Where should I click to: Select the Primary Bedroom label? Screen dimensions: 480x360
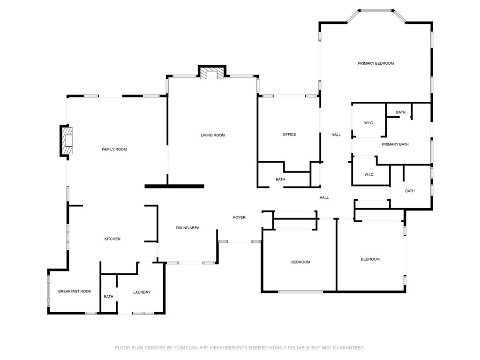375,63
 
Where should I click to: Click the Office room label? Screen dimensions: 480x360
289,135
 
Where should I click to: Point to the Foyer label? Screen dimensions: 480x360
240,217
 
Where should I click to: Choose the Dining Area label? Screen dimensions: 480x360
187,228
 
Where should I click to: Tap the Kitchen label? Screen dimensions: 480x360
112,239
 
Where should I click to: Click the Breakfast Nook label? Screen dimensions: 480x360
75,291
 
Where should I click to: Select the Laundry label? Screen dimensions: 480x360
142,292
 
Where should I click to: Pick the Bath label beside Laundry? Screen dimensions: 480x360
109,297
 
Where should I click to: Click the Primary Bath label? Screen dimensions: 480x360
395,144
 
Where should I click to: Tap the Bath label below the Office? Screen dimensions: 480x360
280,180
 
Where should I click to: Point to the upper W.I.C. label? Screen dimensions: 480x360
369,123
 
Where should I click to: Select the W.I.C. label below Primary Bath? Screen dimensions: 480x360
369,174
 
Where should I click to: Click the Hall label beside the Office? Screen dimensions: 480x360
336,135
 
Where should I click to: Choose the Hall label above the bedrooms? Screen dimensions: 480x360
324,198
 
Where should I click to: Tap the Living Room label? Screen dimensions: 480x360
213,135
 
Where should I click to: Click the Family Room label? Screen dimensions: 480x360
114,150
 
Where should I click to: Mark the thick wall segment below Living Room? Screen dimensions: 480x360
174,186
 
